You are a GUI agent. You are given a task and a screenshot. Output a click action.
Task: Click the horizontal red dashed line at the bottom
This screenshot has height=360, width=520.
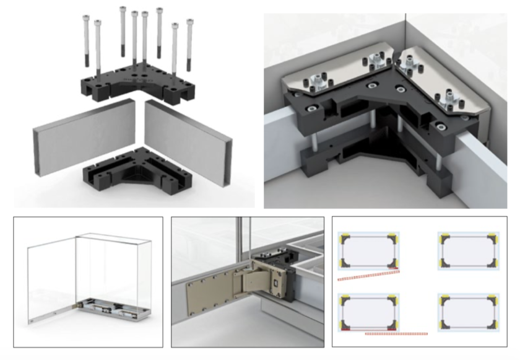pyautogui.click(x=396, y=334)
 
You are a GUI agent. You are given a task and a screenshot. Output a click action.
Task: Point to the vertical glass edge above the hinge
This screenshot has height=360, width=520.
pyautogui.click(x=246, y=239)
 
